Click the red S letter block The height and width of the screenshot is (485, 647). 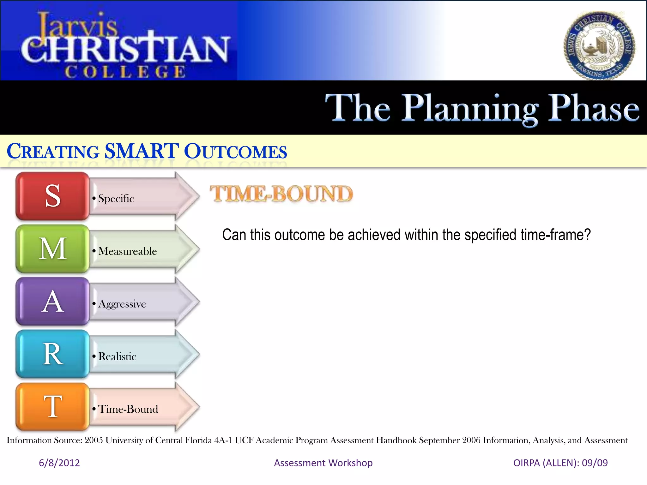coord(53,196)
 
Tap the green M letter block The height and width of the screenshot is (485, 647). coord(53,249)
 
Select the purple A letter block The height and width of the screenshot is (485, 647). coord(53,302)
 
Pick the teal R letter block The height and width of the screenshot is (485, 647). coord(53,354)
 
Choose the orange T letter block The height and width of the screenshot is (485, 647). coord(53,407)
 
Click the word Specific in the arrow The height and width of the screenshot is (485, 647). coord(116,199)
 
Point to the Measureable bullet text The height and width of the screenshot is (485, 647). coord(127,251)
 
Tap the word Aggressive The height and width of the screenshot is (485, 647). coord(122,304)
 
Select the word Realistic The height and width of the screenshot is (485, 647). coord(117,356)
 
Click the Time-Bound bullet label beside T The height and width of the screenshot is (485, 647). coord(128,409)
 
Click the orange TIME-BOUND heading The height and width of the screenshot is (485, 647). coord(281,194)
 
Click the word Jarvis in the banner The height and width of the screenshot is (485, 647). coord(77,25)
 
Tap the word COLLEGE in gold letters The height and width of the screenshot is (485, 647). coord(125,72)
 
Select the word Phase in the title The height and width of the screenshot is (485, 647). coord(593,108)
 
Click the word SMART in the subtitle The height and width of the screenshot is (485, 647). coord(142,151)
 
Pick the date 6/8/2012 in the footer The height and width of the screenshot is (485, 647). coord(59,463)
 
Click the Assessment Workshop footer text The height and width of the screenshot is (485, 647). coord(323,463)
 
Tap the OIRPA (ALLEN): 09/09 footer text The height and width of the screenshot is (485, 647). coord(560,463)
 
